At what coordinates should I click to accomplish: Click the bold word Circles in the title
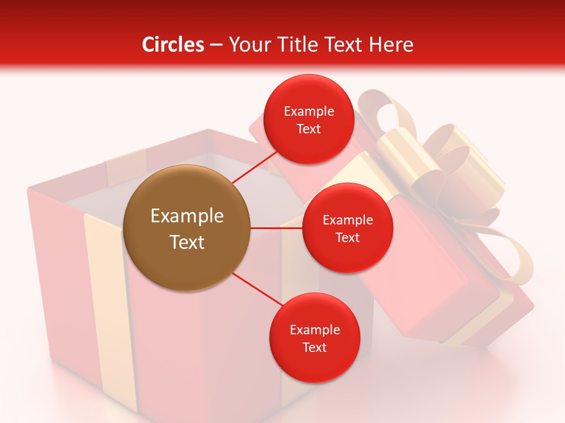coord(172,45)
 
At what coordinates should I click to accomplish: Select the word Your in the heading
coord(247,45)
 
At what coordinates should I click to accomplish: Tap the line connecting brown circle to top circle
coord(255,166)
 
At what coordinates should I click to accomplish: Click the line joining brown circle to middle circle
coord(277,228)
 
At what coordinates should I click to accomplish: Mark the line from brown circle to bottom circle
coord(258,289)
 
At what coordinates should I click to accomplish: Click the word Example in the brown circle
coord(187,216)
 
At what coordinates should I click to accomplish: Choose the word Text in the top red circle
coord(308,129)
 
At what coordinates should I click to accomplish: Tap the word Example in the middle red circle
coord(347,220)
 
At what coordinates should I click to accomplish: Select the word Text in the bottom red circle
coord(314,347)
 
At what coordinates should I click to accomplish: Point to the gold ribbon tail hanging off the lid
coord(512,253)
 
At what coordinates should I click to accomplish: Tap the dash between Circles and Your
coord(216,45)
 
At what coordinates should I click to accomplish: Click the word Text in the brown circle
coord(187,242)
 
